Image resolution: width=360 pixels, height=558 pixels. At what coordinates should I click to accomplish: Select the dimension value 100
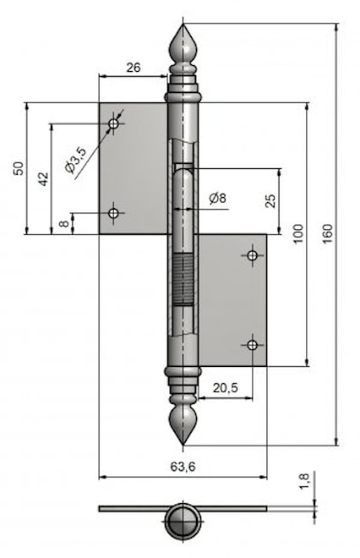pyautogui.click(x=297, y=234)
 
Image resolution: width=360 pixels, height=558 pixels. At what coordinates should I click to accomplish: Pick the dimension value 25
pyautogui.click(x=270, y=200)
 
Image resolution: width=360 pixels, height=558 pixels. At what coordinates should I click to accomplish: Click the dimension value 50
pyautogui.click(x=19, y=169)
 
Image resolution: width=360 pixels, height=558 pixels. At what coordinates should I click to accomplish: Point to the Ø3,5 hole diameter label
pyautogui.click(x=75, y=161)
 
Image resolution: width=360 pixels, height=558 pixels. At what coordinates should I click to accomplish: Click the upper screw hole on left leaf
pyautogui.click(x=114, y=124)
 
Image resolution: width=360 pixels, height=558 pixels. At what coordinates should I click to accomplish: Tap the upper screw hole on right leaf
pyautogui.click(x=252, y=255)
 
